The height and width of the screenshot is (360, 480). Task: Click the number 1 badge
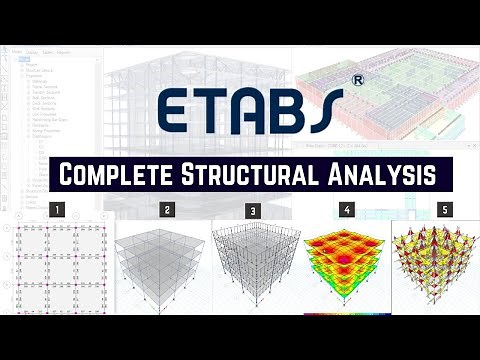pos(58,210)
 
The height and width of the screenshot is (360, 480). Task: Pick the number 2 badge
pos(167,210)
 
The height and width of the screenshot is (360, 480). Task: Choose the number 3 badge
pos(253,211)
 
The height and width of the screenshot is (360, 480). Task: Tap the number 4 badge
pos(346,210)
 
